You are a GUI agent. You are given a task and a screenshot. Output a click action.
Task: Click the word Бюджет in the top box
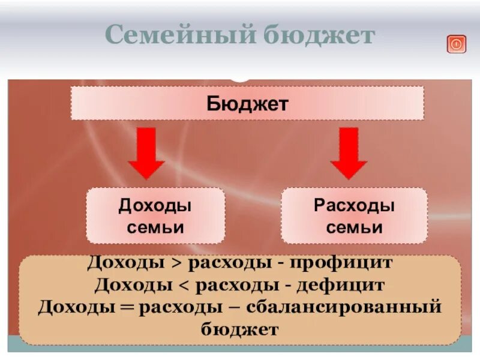[248, 103]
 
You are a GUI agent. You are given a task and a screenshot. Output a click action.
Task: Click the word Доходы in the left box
[155, 205]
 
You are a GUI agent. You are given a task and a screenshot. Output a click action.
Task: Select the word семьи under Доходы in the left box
[155, 227]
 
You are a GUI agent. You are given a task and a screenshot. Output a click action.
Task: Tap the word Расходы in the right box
[354, 205]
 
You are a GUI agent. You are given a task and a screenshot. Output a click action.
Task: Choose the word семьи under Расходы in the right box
[354, 227]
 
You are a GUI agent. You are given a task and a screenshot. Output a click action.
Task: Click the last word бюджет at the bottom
[240, 329]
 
